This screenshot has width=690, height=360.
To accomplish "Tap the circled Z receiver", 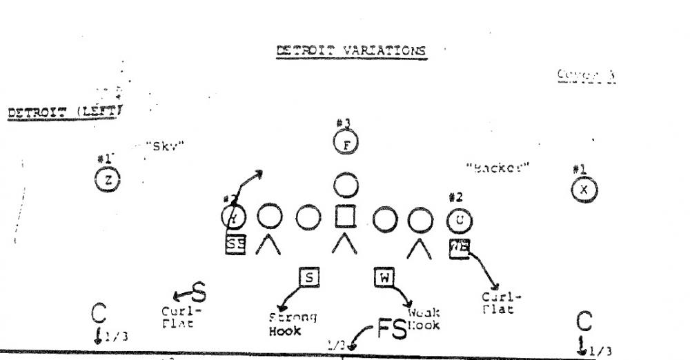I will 108,180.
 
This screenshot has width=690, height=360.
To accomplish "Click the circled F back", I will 346,144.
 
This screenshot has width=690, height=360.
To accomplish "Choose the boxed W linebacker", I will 383,277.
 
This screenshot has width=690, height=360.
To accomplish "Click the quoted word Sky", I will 168,146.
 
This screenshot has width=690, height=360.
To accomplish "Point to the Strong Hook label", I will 292,324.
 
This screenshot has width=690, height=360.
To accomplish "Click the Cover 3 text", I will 586,77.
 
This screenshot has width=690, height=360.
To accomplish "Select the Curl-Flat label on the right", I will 502,303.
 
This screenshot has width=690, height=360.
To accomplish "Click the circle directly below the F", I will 346,183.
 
